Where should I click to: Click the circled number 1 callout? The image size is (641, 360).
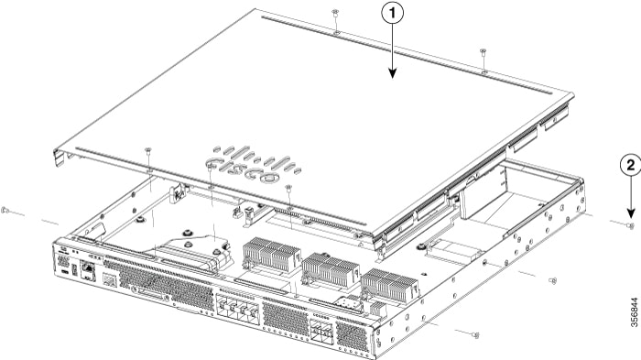[393, 15]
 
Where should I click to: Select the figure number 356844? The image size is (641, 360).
[629, 316]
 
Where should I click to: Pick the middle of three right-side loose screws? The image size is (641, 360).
[552, 280]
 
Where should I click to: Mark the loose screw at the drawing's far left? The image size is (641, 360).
[5, 211]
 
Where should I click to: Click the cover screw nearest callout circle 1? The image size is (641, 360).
[336, 12]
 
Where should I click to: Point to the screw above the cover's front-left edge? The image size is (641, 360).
[147, 148]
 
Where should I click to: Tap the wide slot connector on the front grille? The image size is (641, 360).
[153, 291]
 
